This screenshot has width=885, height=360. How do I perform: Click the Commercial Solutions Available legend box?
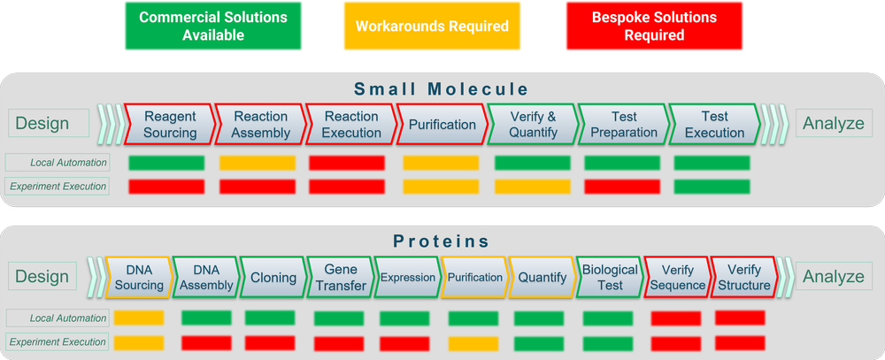tap(213, 27)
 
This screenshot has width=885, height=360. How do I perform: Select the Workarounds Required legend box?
tap(432, 27)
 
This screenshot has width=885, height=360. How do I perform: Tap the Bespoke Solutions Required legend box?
tap(654, 27)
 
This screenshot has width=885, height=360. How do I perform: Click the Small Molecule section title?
tap(442, 88)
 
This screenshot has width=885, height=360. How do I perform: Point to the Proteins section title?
tap(442, 241)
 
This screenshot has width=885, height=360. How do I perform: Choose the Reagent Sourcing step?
tap(170, 125)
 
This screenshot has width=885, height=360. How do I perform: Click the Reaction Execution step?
tap(350, 125)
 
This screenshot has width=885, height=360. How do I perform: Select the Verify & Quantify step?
tap(533, 125)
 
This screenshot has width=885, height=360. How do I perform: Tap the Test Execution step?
tap(714, 125)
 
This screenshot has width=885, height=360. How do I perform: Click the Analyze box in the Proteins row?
tap(833, 277)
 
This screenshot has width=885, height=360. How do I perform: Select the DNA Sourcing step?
tap(139, 277)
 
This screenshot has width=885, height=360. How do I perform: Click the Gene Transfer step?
tap(341, 277)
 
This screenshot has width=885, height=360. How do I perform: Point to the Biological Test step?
tap(610, 277)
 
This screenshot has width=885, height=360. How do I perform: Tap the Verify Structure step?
tap(744, 277)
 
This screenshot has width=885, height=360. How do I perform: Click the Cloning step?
tap(273, 277)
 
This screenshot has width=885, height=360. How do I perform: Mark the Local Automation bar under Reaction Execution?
tap(347, 163)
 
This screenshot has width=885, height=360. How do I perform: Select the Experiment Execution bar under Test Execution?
tap(712, 187)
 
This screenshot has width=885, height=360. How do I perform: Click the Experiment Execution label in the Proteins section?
tap(57, 342)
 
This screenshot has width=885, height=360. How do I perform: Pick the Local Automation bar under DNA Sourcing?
tap(138, 318)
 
